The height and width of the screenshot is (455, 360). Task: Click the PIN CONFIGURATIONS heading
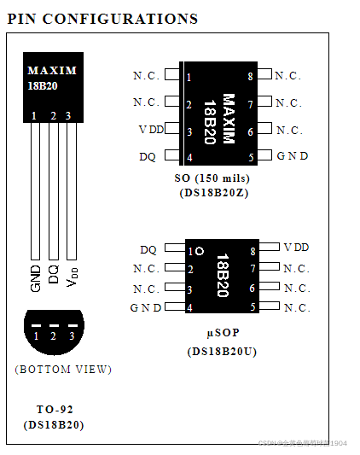[x=102, y=18]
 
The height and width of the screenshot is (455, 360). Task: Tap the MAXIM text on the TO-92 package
[x=51, y=70]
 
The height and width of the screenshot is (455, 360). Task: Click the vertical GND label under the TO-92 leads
[x=35, y=277]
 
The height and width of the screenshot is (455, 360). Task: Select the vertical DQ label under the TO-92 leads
[x=53, y=274]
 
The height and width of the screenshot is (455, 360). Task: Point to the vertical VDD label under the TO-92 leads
[x=72, y=276]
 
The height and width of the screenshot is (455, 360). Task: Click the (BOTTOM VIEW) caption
[x=63, y=370]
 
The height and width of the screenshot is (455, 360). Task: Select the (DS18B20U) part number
[x=222, y=351]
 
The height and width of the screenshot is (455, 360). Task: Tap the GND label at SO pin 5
[x=293, y=156]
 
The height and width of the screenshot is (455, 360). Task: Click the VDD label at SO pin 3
[x=151, y=130]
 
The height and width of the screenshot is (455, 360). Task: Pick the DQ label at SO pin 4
[x=148, y=157]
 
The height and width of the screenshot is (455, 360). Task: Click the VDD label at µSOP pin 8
[x=296, y=247]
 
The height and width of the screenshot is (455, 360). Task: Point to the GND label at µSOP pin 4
[x=146, y=307]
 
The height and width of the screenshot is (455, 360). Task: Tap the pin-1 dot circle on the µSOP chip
[x=200, y=251]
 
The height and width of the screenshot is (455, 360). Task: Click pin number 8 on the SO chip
[x=250, y=77]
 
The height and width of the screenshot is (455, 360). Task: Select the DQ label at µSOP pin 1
[x=148, y=250]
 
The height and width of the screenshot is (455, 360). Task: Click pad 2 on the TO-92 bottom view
[x=53, y=337]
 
